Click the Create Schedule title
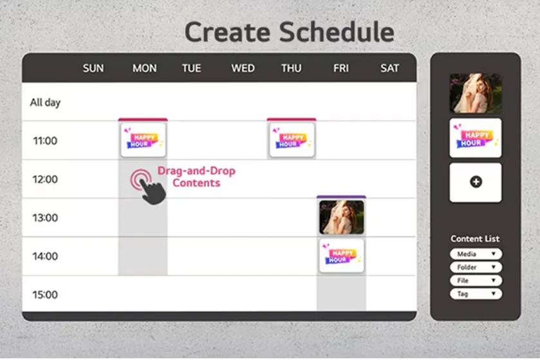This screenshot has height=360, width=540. click(289, 32)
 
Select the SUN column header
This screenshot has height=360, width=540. click(93, 68)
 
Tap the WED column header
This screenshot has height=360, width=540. click(243, 68)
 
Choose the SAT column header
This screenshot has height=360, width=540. click(389, 68)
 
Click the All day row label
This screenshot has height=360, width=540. click(45, 102)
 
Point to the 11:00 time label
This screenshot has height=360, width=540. click(45, 140)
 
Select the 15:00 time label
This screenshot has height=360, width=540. click(45, 295)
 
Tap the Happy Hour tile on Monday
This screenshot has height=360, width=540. click(143, 140)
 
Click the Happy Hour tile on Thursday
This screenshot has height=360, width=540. click(292, 140)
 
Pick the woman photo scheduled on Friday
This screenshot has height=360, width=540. click(341, 217)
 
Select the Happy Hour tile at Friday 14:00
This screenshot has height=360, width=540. click(341, 256)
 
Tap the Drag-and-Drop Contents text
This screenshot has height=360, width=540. click(196, 177)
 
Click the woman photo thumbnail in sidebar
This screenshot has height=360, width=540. click(475, 93)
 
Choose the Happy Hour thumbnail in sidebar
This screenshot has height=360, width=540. click(475, 138)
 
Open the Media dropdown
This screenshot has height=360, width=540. click(476, 254)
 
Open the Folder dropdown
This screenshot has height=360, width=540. click(476, 267)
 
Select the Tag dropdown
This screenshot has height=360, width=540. click(476, 294)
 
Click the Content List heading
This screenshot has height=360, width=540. click(475, 239)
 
